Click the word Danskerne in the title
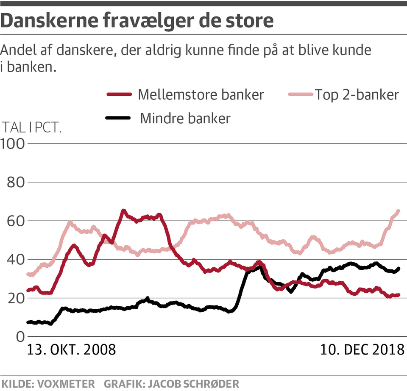point(50,21)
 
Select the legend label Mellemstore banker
point(201,94)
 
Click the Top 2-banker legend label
point(357,94)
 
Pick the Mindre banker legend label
point(185,118)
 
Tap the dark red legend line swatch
point(119,94)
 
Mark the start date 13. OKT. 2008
point(71,350)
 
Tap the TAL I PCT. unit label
point(33,127)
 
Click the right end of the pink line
point(398,211)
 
